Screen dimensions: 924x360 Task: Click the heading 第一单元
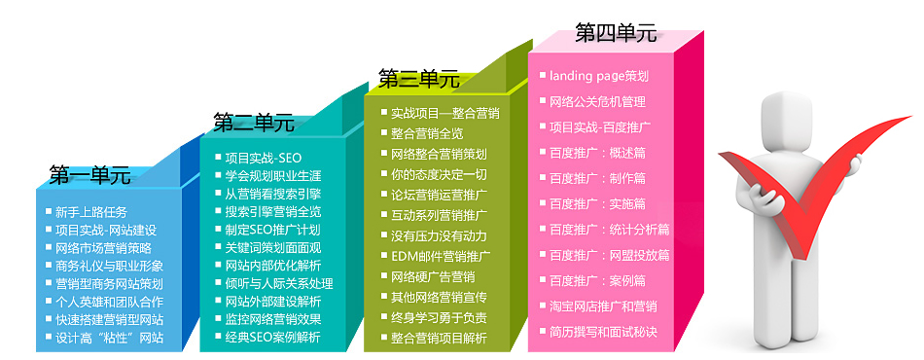click(89, 175)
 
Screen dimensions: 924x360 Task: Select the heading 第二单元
click(254, 123)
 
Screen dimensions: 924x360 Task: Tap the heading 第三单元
click(418, 79)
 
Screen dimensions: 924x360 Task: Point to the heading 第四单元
click(616, 33)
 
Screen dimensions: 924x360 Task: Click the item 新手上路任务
click(90, 211)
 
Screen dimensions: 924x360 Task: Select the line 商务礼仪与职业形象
click(109, 266)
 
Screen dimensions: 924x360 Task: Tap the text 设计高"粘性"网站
click(109, 339)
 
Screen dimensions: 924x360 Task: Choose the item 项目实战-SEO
click(263, 158)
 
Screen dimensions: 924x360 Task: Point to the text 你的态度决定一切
click(439, 174)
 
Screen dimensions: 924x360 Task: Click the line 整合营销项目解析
click(439, 339)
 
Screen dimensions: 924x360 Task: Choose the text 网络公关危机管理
click(597, 101)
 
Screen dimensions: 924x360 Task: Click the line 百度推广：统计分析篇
click(609, 230)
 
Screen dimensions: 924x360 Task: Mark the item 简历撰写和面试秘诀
click(603, 332)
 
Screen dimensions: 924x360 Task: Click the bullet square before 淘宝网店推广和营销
click(543, 306)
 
